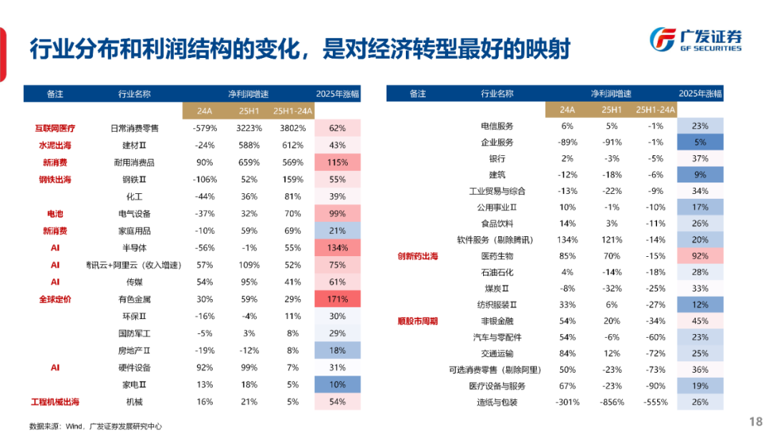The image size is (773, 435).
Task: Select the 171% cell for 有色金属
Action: pyautogui.click(x=338, y=299)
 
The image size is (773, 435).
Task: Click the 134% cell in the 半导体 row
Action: pyautogui.click(x=338, y=248)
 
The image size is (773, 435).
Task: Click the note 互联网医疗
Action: pyautogui.click(x=55, y=128)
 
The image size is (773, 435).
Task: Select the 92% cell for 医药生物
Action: pyautogui.click(x=700, y=255)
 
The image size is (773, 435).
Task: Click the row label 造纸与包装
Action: pyautogui.click(x=497, y=402)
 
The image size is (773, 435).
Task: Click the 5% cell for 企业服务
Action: pyautogui.click(x=700, y=142)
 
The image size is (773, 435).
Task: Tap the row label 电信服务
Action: pyautogui.click(x=497, y=126)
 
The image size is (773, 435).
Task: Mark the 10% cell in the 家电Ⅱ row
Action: pyautogui.click(x=338, y=385)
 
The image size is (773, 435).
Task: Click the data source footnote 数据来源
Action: pyautogui.click(x=95, y=426)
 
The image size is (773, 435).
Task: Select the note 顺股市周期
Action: pyautogui.click(x=418, y=321)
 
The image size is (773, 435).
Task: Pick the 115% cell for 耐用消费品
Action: pyautogui.click(x=338, y=162)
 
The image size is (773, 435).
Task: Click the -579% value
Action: pyautogui.click(x=205, y=128)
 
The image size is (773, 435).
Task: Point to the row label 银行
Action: pyautogui.click(x=497, y=158)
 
